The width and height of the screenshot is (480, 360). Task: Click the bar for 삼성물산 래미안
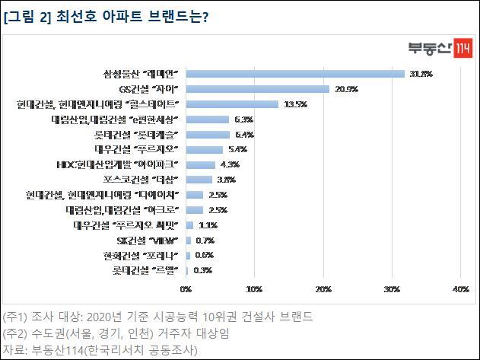click(295, 74)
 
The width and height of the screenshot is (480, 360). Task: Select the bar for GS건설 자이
click(257, 89)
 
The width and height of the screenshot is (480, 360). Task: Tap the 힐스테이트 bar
click(232, 104)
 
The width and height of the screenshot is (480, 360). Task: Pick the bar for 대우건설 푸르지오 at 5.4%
click(204, 149)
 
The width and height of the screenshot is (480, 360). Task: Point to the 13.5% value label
click(294, 104)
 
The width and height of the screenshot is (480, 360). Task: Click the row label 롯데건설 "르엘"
click(150, 270)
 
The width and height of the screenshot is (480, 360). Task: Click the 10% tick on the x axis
click(254, 289)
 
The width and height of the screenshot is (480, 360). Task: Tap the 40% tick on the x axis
click(460, 289)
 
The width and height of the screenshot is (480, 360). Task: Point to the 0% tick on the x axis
click(186, 289)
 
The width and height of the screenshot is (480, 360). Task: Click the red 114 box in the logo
click(463, 46)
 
